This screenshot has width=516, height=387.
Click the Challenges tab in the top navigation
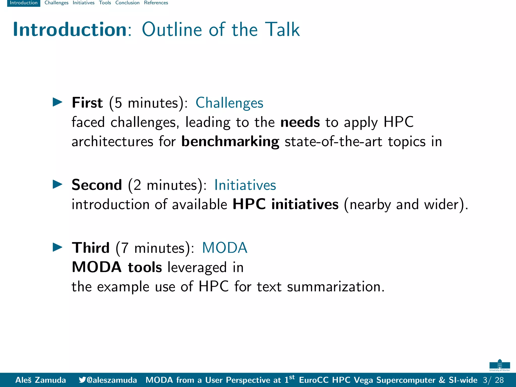pos(56,3)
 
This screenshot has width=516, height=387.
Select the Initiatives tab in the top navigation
pos(83,3)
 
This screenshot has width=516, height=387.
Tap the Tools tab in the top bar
pos(105,3)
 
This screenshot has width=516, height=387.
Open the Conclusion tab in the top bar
pos(127,3)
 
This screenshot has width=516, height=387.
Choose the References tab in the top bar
pos(156,3)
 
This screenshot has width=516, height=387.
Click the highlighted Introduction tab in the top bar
pos(23,3)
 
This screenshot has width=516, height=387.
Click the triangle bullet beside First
pos(57,102)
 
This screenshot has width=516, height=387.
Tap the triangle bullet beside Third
pos(57,247)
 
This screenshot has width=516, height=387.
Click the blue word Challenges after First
pos(229,103)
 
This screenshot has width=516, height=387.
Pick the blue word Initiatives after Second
pos(245,185)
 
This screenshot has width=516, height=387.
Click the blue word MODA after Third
pos(224,248)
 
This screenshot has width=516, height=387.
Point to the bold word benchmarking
pos(230,141)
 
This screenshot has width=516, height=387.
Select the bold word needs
pos(300,122)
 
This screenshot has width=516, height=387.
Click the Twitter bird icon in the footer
pos(82,380)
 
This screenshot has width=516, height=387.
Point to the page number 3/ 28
pos(493,380)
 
